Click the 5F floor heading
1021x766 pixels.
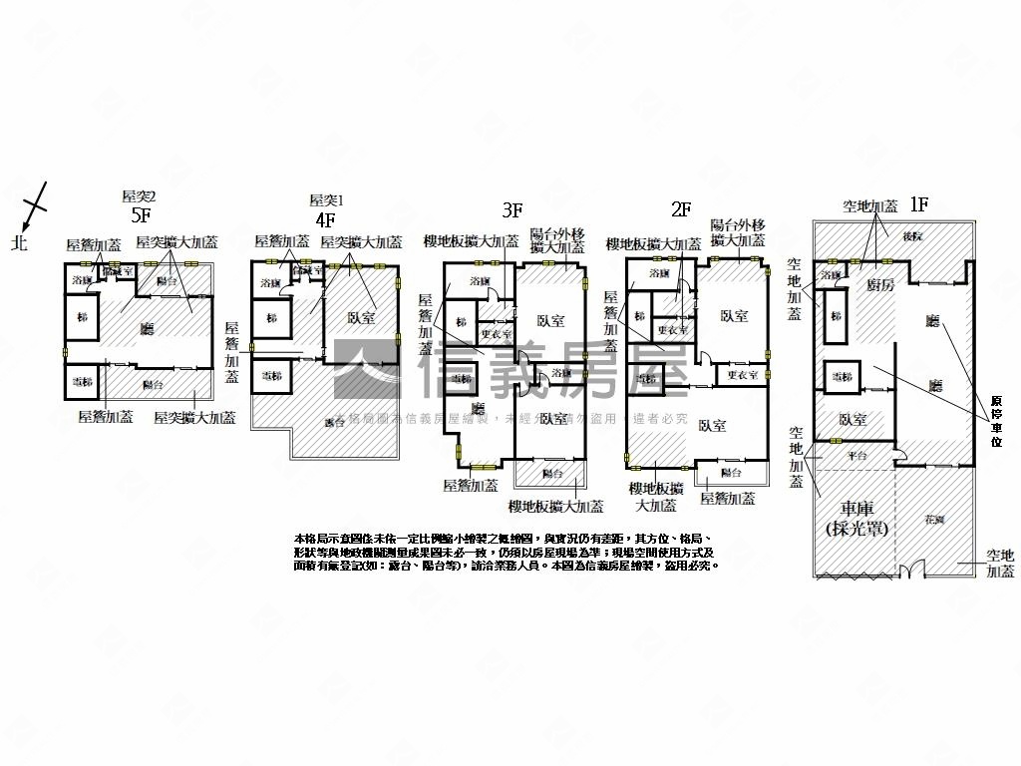coord(140,214)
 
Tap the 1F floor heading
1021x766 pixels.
coord(918,204)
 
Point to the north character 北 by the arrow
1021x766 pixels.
coord(19,242)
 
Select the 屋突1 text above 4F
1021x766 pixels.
coord(326,199)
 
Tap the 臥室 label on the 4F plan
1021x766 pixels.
coord(361,318)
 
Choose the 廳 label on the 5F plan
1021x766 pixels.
coord(148,327)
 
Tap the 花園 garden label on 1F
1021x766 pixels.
coord(933,520)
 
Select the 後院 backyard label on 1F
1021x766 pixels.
coord(910,236)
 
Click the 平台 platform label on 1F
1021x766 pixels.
coord(856,455)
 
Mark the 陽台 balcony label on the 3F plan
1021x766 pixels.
coord(551,473)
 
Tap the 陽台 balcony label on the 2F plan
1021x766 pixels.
coord(731,472)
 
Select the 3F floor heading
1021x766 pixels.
coord(512,209)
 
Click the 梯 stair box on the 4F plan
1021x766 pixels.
coord(270,319)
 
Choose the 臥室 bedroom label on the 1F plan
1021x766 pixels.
coord(850,420)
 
